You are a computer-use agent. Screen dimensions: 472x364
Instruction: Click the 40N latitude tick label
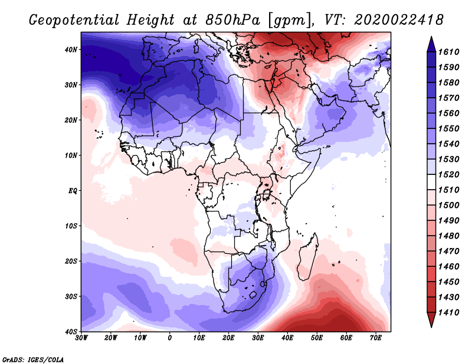click(71, 49)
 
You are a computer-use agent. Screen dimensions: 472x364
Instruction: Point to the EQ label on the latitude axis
click(73, 191)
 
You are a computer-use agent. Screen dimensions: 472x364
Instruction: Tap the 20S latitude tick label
click(71, 261)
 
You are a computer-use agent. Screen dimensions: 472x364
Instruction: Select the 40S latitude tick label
click(71, 332)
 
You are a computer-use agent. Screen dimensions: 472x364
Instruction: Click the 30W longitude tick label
click(81, 338)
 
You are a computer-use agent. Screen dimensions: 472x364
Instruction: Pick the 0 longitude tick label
click(170, 338)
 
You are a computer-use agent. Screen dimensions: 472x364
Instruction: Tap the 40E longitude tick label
click(287, 338)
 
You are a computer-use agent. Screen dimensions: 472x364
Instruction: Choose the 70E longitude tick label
click(376, 338)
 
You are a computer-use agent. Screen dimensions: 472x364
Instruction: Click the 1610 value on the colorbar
click(448, 52)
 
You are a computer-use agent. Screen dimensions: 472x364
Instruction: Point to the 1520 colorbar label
click(448, 174)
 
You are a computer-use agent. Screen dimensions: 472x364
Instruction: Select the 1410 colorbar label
click(448, 313)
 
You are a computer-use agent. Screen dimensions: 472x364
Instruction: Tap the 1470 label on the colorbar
click(448, 252)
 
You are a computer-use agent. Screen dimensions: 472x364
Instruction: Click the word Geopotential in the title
click(74, 20)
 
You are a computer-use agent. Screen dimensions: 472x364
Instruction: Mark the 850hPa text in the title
click(232, 20)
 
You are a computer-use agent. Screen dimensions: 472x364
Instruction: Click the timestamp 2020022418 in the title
click(399, 20)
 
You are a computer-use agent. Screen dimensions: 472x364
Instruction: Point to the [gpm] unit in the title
click(291, 21)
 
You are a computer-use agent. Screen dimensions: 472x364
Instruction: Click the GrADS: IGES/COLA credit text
click(33, 360)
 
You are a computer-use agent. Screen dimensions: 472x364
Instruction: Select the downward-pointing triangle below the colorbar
click(431, 320)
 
